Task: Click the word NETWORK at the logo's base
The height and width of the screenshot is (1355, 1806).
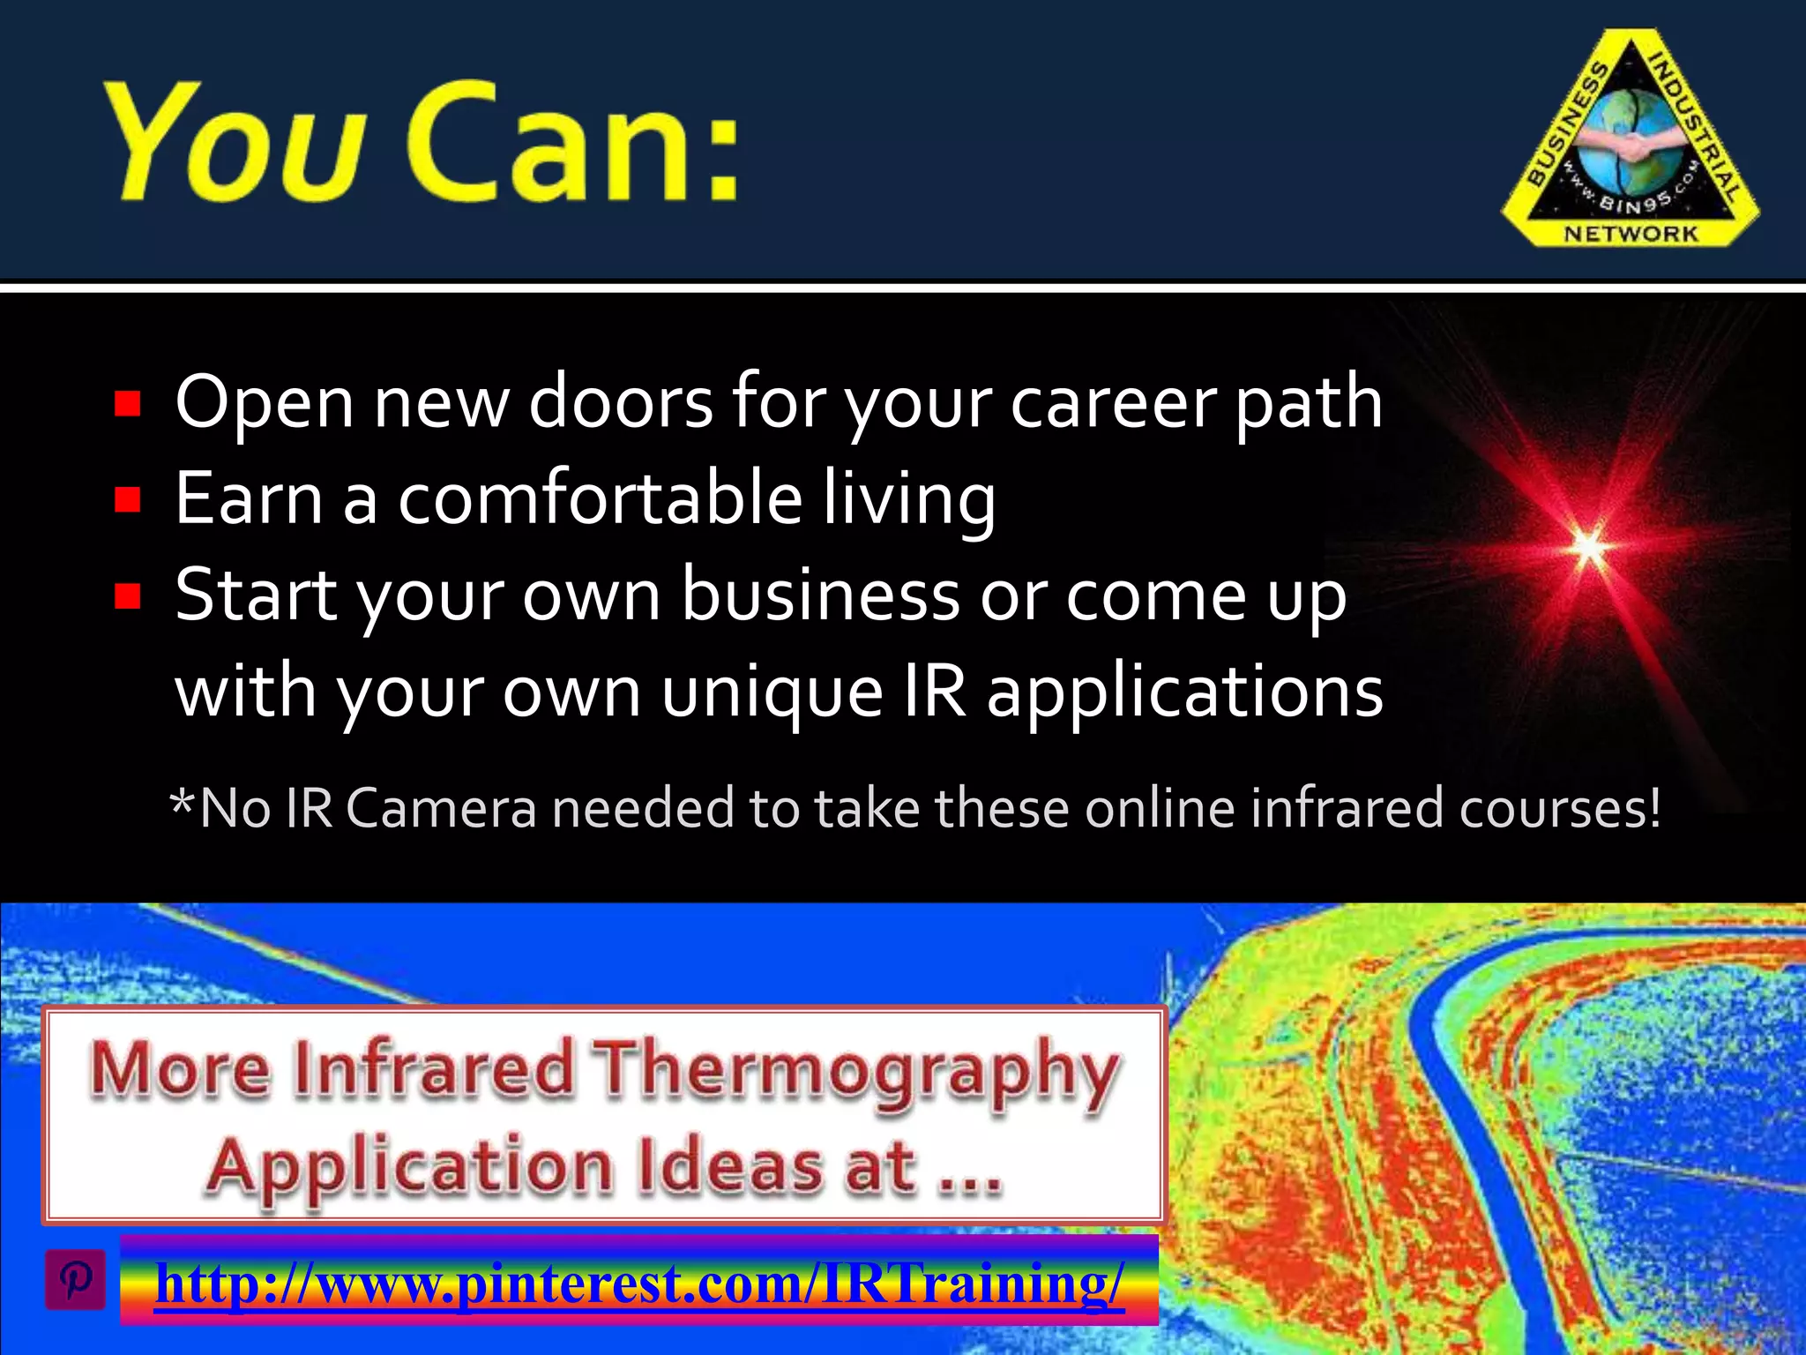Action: [1631, 234]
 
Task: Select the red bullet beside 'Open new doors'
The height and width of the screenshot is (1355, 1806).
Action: [129, 404]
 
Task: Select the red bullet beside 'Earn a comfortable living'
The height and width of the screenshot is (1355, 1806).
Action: [129, 500]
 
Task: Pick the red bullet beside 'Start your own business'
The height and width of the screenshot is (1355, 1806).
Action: [129, 597]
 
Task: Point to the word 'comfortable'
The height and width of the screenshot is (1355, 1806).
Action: [600, 498]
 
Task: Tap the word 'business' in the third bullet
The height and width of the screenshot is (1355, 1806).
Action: [820, 595]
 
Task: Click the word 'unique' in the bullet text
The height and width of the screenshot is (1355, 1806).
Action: [772, 692]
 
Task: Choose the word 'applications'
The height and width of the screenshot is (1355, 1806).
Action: [1184, 692]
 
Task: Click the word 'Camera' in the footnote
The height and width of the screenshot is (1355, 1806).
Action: [441, 808]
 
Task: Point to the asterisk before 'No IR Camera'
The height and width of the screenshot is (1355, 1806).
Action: [182, 803]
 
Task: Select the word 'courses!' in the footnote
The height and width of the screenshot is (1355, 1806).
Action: [1559, 808]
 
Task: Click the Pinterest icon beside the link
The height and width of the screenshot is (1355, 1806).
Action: [76, 1278]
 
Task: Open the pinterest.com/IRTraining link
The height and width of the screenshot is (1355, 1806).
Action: [639, 1282]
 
